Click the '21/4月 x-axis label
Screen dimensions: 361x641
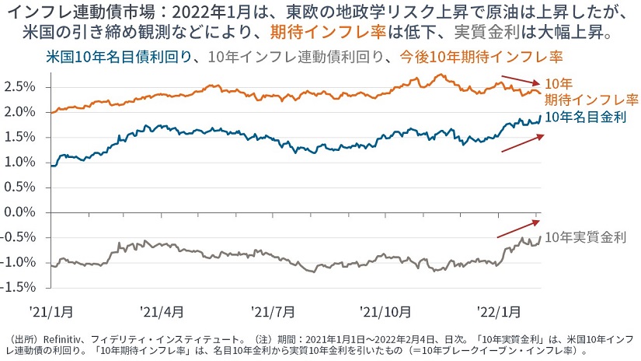162,311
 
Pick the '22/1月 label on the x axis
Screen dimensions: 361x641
499,311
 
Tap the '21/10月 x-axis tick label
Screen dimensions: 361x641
385,311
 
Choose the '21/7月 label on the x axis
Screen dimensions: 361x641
273,311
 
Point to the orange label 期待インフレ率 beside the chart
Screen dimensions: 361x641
590,100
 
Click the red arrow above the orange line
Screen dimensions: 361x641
519,80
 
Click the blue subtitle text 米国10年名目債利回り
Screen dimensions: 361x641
117,56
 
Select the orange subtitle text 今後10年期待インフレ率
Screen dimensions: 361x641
481,56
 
